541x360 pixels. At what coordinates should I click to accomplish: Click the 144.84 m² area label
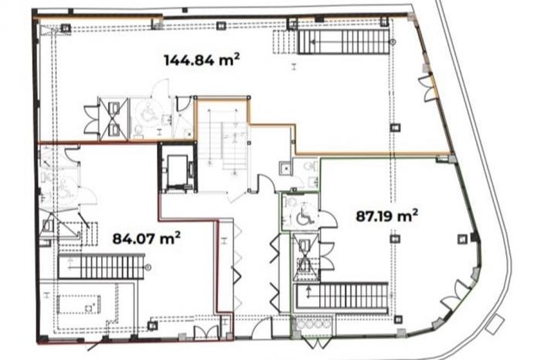(x=202, y=59)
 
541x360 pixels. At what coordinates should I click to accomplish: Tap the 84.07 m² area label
(x=147, y=238)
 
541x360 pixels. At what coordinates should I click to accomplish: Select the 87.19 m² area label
(x=386, y=216)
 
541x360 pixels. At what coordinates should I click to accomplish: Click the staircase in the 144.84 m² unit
(x=343, y=42)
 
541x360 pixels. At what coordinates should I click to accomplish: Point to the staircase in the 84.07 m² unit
(x=101, y=267)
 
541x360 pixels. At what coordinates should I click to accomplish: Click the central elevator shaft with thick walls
(x=178, y=168)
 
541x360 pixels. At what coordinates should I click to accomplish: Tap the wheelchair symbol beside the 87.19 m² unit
(x=304, y=216)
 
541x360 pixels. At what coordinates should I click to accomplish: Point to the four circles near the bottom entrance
(x=314, y=324)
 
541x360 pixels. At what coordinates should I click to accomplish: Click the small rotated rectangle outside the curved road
(x=495, y=324)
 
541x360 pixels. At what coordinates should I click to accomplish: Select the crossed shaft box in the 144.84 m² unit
(x=114, y=119)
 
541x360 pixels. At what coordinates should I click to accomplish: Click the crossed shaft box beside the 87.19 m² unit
(x=305, y=253)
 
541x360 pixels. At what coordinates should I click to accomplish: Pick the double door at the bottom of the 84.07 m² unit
(x=206, y=333)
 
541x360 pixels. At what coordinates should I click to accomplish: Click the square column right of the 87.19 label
(x=462, y=239)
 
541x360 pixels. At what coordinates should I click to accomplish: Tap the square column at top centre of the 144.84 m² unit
(x=221, y=25)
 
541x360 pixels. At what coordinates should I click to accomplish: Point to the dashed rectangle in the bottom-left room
(x=79, y=304)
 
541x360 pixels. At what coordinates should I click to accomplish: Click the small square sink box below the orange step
(x=285, y=168)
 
